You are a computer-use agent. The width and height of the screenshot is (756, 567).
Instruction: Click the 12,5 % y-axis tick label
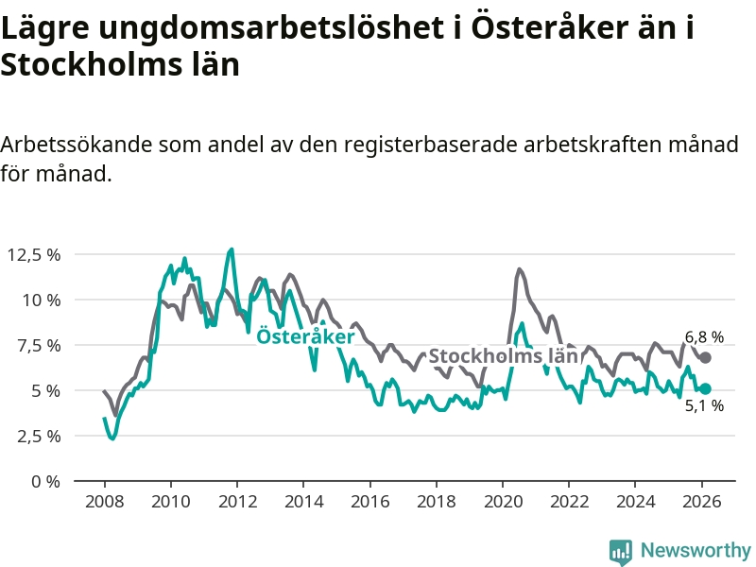(x=33, y=254)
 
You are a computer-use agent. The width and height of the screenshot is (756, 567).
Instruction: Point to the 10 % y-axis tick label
(x=41, y=300)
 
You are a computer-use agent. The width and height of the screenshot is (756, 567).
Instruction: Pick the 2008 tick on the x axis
(x=104, y=502)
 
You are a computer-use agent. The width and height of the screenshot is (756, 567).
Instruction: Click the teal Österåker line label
(x=306, y=336)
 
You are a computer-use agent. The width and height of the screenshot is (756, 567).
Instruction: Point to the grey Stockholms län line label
(x=503, y=356)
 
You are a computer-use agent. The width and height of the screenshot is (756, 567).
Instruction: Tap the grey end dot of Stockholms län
(x=705, y=357)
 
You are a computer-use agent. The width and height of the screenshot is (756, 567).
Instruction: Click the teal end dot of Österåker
(x=705, y=388)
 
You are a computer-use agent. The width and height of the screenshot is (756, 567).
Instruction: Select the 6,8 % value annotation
(x=704, y=336)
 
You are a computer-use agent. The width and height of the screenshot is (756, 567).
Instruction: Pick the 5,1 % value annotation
(x=704, y=406)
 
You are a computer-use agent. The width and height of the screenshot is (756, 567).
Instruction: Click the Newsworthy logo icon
(x=621, y=551)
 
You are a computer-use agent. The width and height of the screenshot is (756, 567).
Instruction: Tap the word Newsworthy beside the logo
(x=696, y=551)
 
